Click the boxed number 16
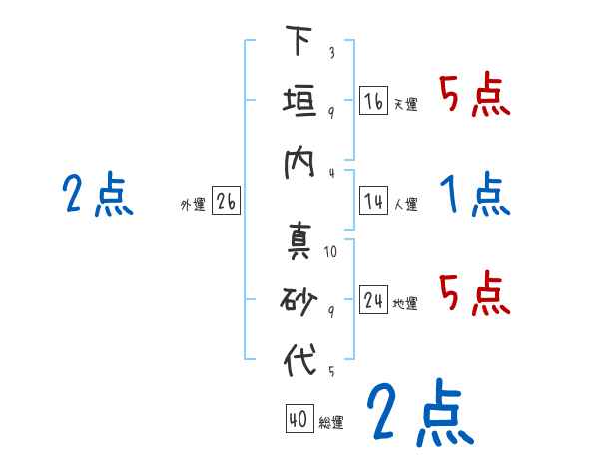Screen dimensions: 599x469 (x=373, y=101)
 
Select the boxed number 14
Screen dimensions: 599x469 (x=373, y=202)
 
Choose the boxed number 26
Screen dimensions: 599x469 (x=226, y=202)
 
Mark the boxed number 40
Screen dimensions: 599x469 (x=298, y=420)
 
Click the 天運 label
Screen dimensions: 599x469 (x=405, y=104)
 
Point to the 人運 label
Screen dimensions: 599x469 (x=405, y=205)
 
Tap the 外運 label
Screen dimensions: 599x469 (x=193, y=205)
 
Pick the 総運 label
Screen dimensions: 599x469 (x=330, y=423)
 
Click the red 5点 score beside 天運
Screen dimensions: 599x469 (x=475, y=95)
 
